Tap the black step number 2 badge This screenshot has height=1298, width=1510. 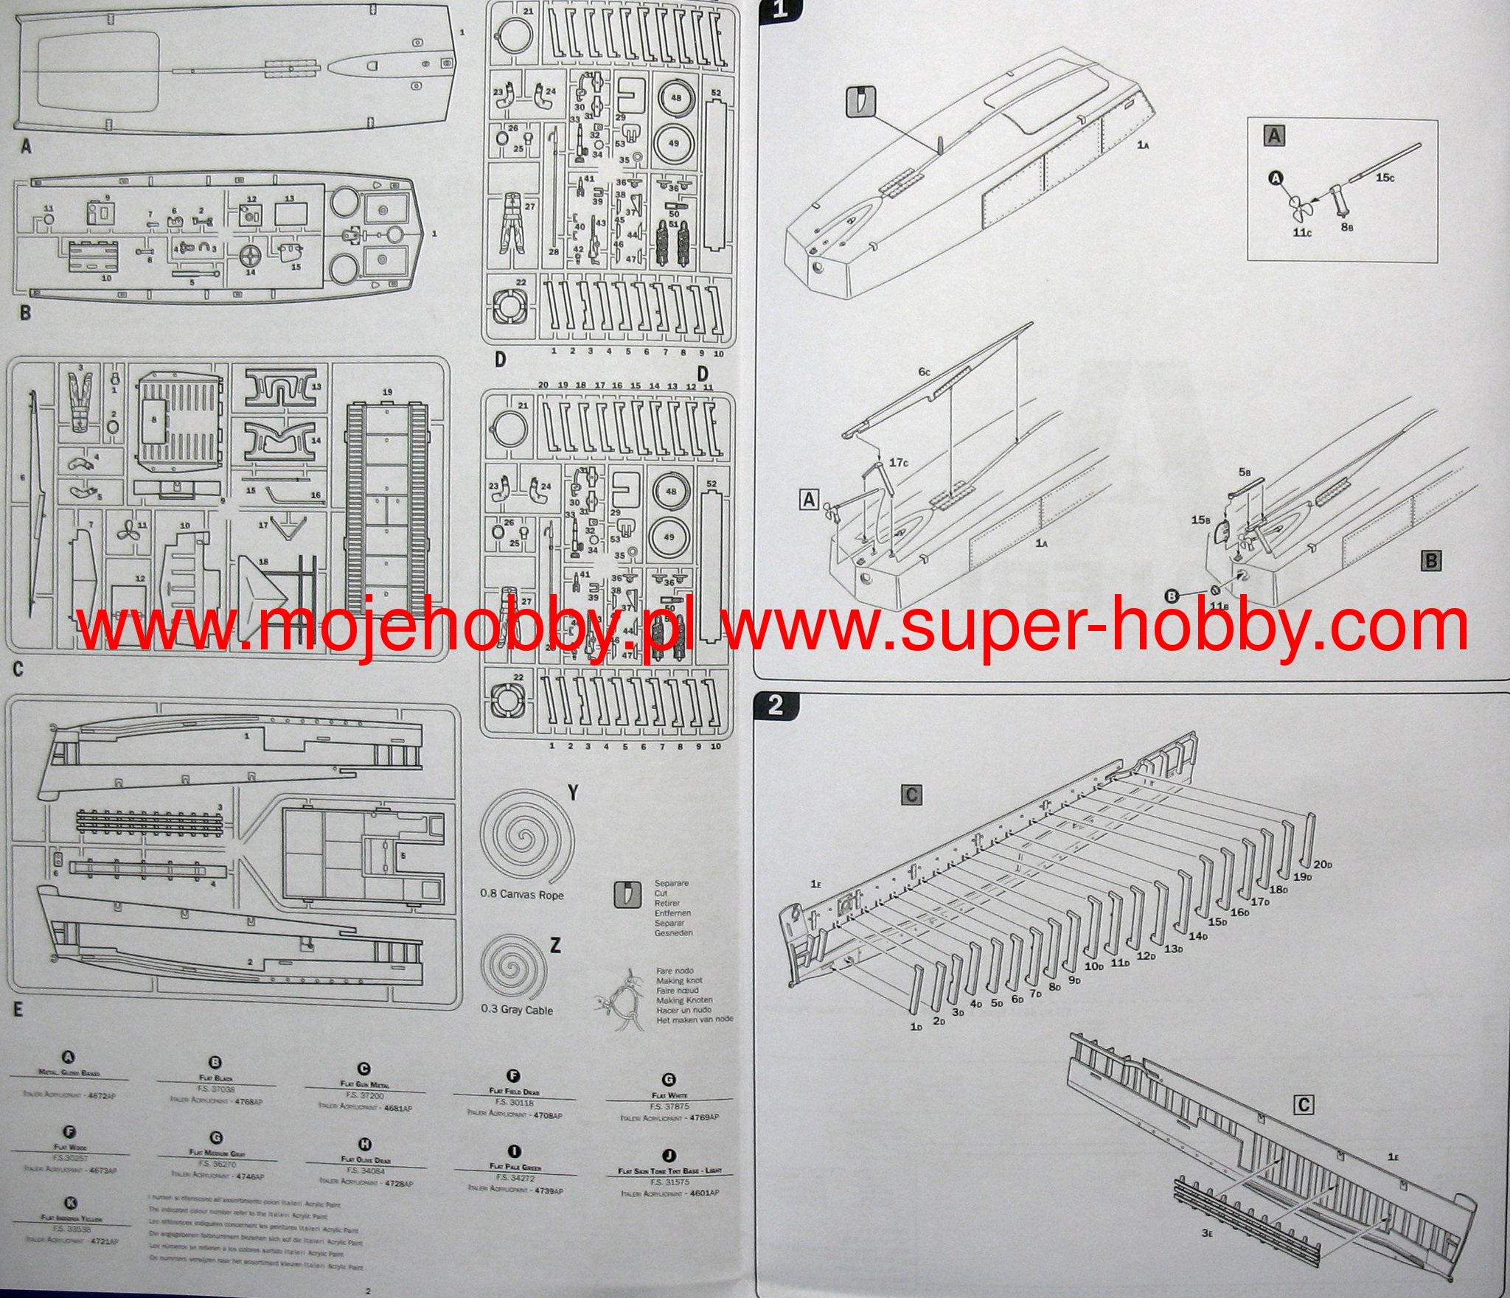pyautogui.click(x=775, y=705)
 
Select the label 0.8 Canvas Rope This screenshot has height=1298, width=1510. pyautogui.click(x=521, y=895)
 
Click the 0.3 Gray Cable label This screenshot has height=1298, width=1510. pyautogui.click(x=516, y=1009)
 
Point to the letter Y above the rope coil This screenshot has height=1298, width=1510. pyautogui.click(x=573, y=793)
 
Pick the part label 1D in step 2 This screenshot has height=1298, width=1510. pyautogui.click(x=916, y=1027)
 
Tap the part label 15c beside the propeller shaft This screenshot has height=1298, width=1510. pyautogui.click(x=1385, y=178)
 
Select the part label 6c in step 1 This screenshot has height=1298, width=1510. pyautogui.click(x=925, y=373)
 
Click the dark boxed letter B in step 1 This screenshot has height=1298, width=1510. pyautogui.click(x=1431, y=561)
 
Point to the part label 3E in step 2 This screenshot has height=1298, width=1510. pyautogui.click(x=1207, y=1232)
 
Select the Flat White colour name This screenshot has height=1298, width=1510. pyautogui.click(x=669, y=1096)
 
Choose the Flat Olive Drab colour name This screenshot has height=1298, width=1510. pyautogui.click(x=366, y=1159)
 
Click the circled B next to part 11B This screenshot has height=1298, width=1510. pyautogui.click(x=1171, y=595)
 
